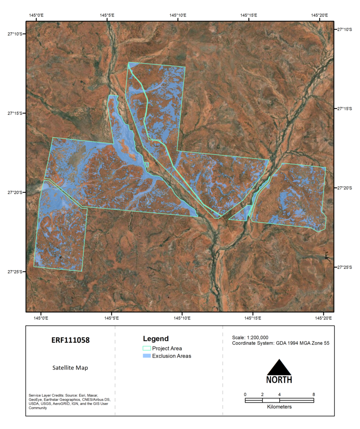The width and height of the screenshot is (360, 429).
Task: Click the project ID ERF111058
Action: pos(70,340)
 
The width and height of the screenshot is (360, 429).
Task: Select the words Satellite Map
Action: pos(70,368)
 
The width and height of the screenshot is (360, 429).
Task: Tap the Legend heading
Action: pos(156,339)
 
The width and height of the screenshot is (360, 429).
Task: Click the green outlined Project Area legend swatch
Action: pos(147,348)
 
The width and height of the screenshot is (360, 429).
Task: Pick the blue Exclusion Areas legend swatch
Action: pos(147,356)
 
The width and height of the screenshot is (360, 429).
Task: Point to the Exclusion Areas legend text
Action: pos(172,356)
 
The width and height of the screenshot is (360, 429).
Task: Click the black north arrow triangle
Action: pos(279,367)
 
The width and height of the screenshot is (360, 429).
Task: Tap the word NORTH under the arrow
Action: pos(279,380)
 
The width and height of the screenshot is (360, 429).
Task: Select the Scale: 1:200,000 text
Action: pos(250,337)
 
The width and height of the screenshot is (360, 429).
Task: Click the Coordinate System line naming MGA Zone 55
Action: pos(281,343)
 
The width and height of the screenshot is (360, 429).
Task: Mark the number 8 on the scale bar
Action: pos(314,394)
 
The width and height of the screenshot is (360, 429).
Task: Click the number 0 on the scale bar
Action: pos(245,394)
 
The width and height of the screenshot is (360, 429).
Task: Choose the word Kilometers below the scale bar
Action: pos(279,407)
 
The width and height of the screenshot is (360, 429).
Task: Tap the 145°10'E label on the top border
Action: pos(178,15)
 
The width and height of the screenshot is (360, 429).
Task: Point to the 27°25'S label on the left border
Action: pos(15,271)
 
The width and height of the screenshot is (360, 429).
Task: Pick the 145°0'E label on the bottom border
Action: pos(41,318)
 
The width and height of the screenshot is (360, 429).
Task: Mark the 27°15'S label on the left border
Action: pos(15,113)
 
